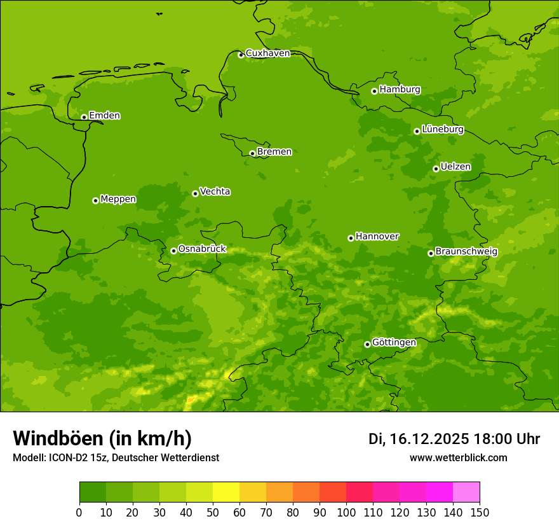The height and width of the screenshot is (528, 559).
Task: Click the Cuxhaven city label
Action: point(267,53)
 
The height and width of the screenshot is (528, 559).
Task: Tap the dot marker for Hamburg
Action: point(374,91)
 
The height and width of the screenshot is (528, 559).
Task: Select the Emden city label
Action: point(104,116)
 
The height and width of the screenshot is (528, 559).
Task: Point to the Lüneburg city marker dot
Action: point(417,131)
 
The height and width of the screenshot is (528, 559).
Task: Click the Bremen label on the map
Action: point(274,152)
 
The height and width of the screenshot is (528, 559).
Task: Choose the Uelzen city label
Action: point(455,167)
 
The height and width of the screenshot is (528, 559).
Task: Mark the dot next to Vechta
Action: point(195,193)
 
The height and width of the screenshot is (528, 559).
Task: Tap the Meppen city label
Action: point(118,199)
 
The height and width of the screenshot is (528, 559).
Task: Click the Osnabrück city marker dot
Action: point(173,251)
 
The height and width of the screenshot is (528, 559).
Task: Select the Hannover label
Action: point(377,237)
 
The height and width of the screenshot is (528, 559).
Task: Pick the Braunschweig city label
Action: point(466,252)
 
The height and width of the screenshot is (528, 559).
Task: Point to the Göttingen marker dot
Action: point(367,344)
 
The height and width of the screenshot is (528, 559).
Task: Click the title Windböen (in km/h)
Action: point(102,439)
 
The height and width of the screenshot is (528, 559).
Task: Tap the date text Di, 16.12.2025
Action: point(419,439)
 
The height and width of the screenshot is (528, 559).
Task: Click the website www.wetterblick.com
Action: point(458,457)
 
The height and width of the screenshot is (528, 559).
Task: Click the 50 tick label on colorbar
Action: point(213,513)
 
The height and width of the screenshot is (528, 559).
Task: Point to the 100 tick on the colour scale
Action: point(346,513)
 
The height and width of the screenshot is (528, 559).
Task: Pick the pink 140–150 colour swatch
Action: point(466,492)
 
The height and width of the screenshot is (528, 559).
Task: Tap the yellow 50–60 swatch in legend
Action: point(226,492)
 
